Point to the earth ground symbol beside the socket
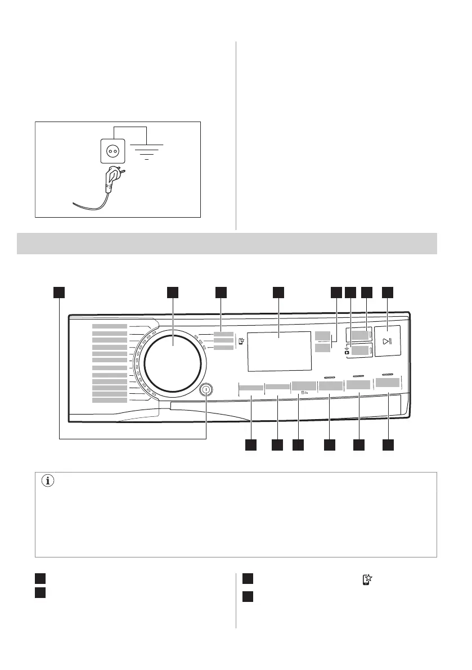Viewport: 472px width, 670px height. coord(147,151)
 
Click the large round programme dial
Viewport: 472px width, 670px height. coord(172,357)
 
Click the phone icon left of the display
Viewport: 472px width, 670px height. coord(240,341)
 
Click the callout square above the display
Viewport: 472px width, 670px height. coord(278,292)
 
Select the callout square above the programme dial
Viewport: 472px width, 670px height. coord(172,292)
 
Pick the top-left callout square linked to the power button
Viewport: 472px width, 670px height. coord(60,292)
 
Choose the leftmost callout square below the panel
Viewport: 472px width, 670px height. coord(250,445)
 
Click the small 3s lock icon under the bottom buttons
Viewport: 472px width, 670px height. coord(305,393)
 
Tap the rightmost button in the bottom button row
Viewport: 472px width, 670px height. coord(388,383)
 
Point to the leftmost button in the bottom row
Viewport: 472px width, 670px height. coord(250,388)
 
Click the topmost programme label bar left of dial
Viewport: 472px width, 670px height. coord(110,326)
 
